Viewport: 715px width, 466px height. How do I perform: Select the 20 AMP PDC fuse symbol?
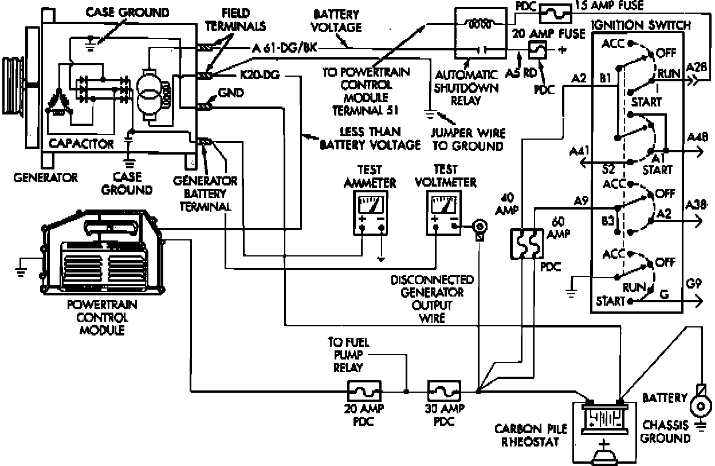pyautogui.click(x=364, y=392)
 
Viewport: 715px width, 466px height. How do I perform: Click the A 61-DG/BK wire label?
pyautogui.click(x=284, y=48)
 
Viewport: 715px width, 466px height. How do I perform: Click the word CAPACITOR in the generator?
pyautogui.click(x=81, y=143)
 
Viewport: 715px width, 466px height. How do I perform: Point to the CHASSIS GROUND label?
pyautogui.click(x=665, y=432)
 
